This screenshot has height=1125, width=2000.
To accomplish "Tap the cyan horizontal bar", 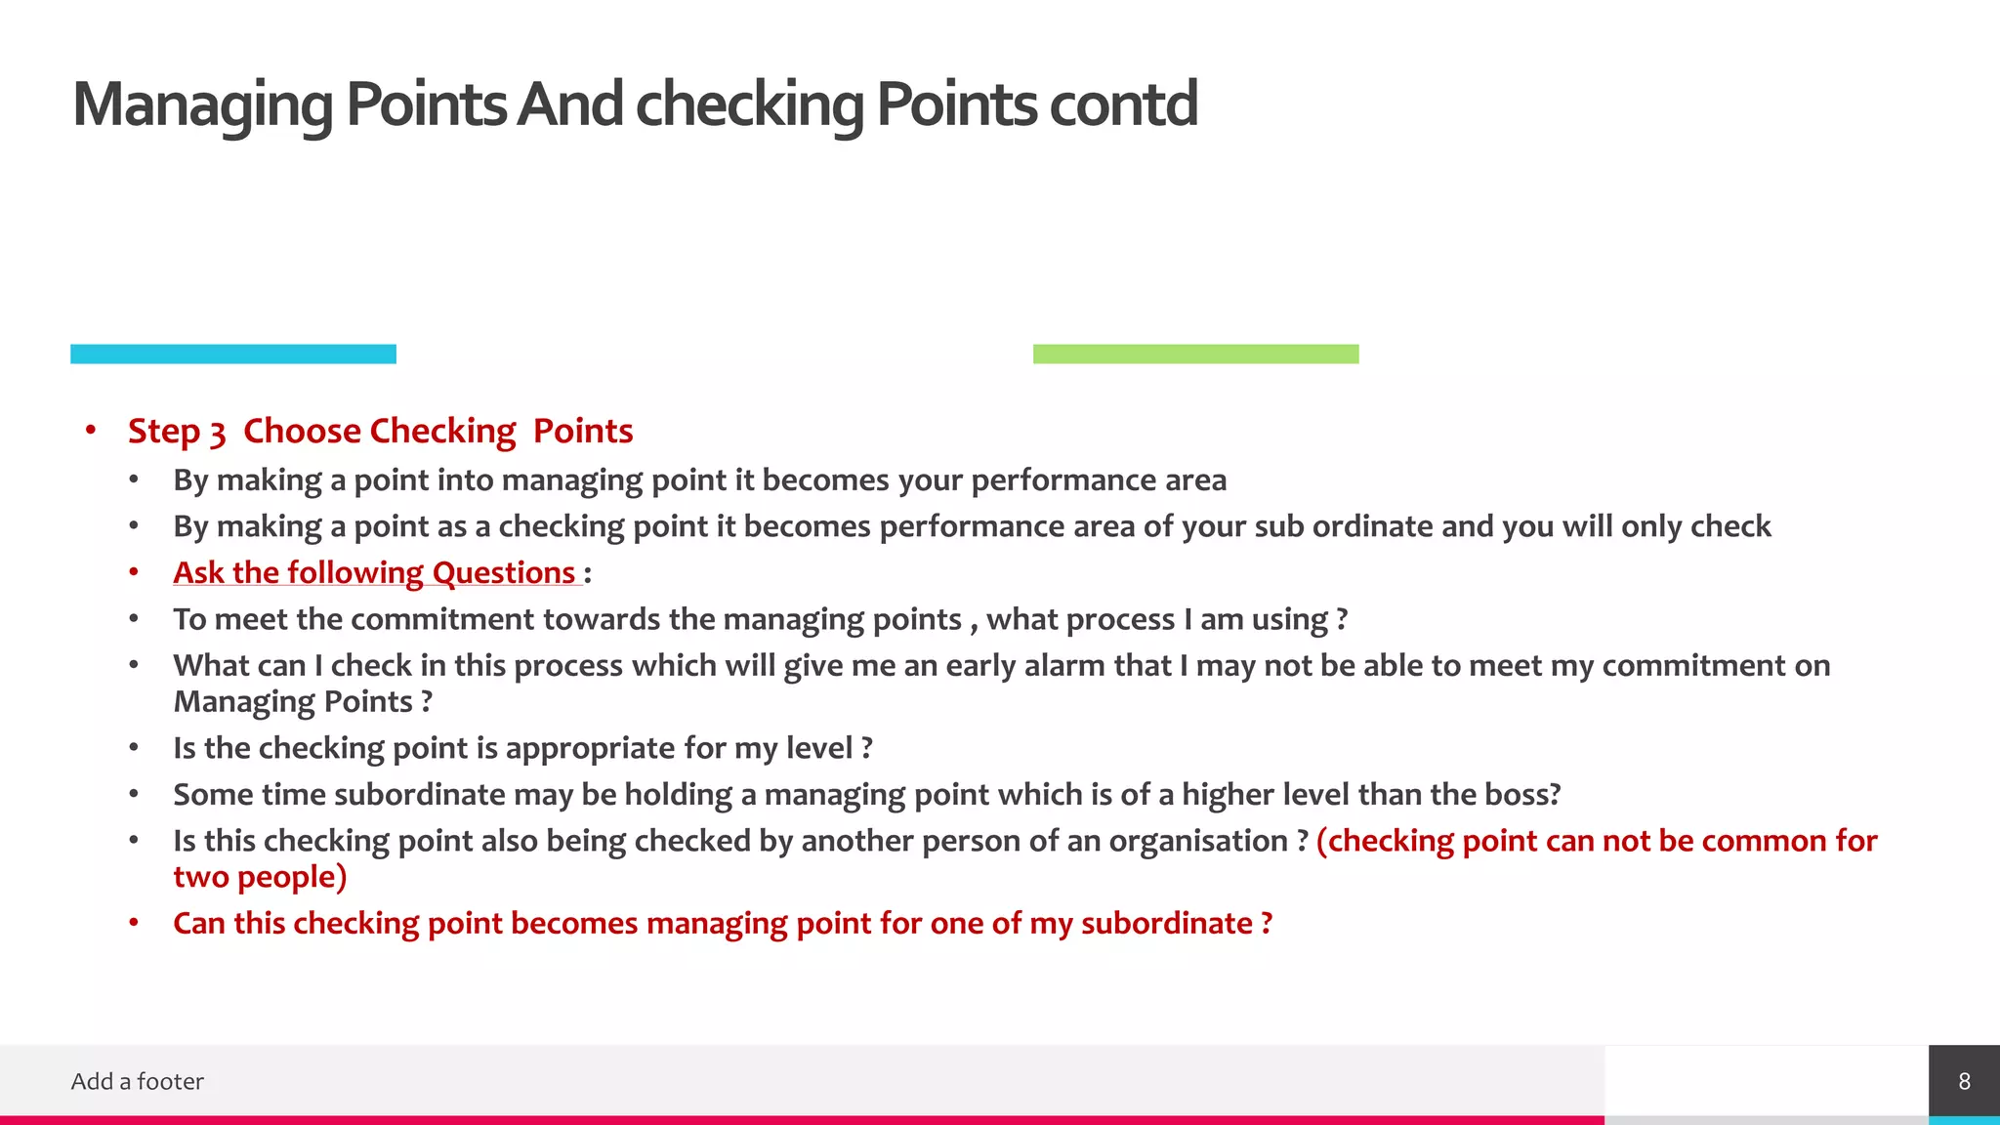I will coord(233,354).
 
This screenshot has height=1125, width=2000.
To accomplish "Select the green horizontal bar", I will coord(1195,354).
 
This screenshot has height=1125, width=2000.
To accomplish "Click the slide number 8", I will coord(1964,1081).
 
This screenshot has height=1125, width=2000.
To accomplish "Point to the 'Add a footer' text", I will coord(138,1081).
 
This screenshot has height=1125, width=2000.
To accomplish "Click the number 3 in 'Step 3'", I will coord(217,433).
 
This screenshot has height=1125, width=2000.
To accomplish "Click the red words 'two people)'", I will coord(260,877).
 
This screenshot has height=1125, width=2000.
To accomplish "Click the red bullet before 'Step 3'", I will coord(91,431).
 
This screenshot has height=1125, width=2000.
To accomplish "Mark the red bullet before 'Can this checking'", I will coord(134,923).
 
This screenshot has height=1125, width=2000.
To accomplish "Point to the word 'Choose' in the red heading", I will coord(302,431).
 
